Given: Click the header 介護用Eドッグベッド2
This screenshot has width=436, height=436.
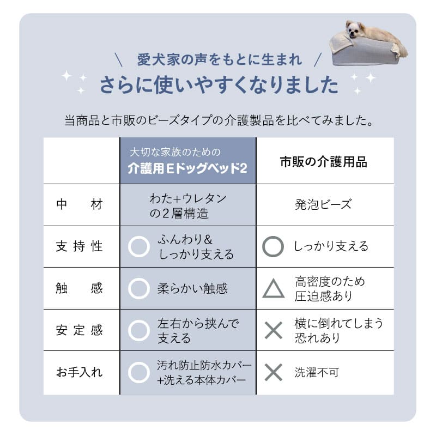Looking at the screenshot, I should click(187, 168).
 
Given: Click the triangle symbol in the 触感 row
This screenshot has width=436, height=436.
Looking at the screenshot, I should click(274, 289).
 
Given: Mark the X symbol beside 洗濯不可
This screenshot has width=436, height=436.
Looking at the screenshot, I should click(274, 372).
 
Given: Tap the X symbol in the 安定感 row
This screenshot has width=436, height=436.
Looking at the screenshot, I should click(274, 330).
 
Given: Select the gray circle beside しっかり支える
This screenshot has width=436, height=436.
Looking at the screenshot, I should click(274, 247).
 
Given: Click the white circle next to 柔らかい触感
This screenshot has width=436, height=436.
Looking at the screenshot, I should click(139, 289).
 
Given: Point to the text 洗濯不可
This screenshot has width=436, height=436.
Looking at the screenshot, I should click(317, 372).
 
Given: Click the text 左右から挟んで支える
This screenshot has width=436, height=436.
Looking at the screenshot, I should click(198, 331).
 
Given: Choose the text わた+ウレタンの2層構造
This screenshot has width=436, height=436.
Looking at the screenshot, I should click(187, 205).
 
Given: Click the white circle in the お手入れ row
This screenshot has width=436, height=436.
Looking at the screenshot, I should click(139, 372).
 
